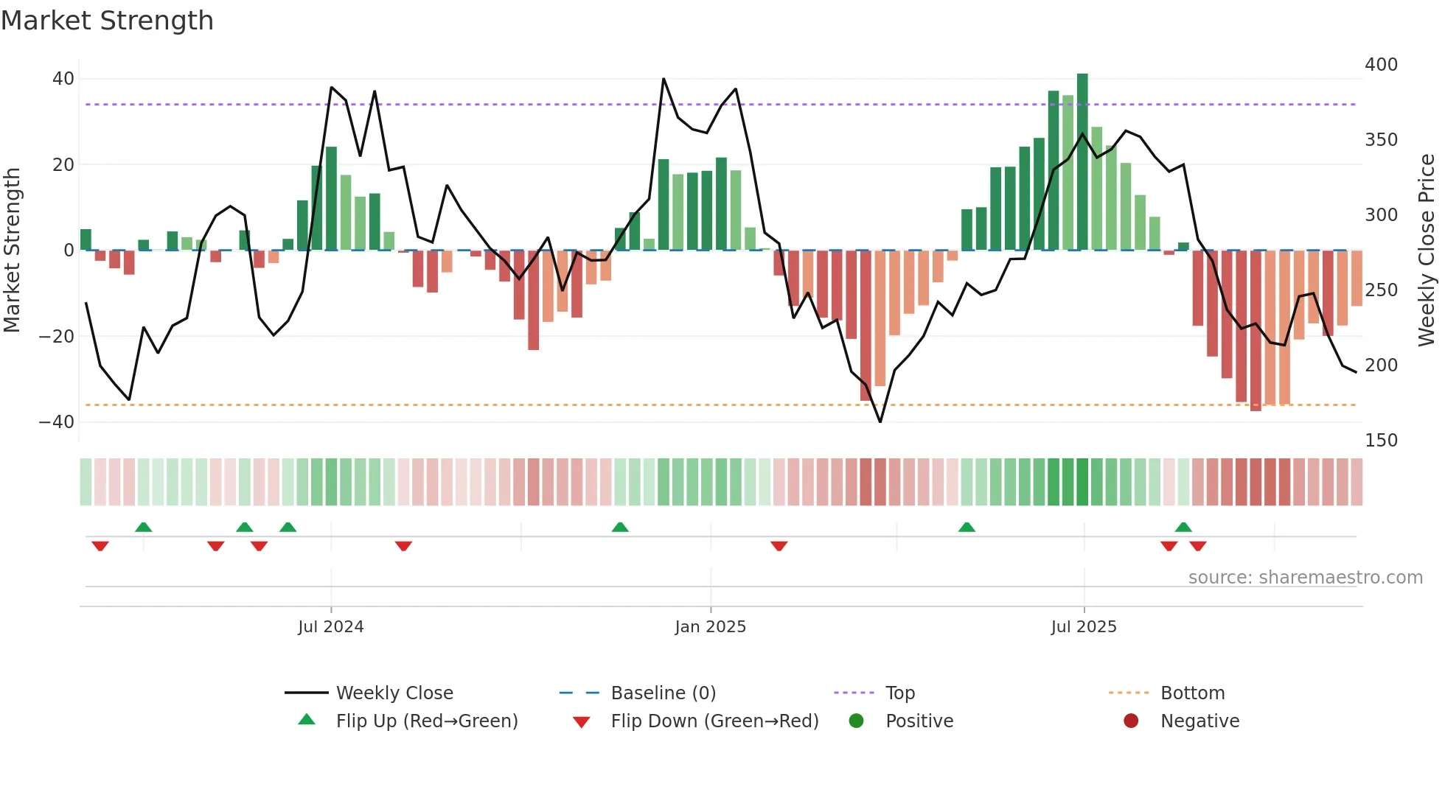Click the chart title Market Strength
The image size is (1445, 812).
107,21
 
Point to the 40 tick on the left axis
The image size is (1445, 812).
63,79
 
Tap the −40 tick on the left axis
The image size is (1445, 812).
57,422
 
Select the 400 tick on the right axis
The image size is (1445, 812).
1381,65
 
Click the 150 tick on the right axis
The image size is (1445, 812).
1381,441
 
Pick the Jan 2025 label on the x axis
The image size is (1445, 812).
710,627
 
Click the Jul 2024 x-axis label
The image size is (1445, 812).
330,627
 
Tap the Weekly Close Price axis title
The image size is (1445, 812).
1427,251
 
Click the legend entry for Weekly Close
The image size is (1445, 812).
394,693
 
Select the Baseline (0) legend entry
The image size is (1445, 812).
663,693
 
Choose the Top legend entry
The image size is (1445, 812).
899,693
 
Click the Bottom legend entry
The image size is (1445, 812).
1192,693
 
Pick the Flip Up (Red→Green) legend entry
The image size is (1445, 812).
426,721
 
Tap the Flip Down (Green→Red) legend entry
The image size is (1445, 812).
714,721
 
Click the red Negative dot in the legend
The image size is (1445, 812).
1131,721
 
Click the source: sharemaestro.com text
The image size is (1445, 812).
1305,578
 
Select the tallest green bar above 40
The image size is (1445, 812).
1082,162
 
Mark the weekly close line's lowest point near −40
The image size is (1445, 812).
880,421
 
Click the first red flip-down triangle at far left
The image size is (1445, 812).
100,546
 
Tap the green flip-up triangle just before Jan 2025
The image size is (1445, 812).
620,527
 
